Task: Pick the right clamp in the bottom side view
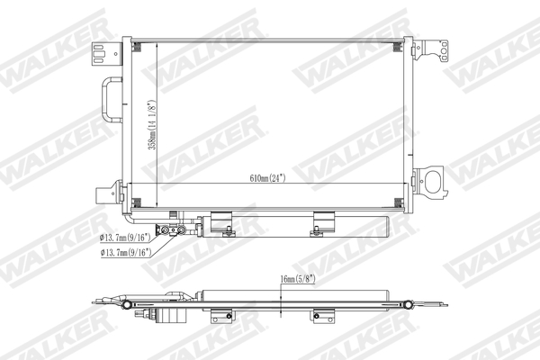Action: coord(321,317)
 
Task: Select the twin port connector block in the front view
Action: coord(168,230)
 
